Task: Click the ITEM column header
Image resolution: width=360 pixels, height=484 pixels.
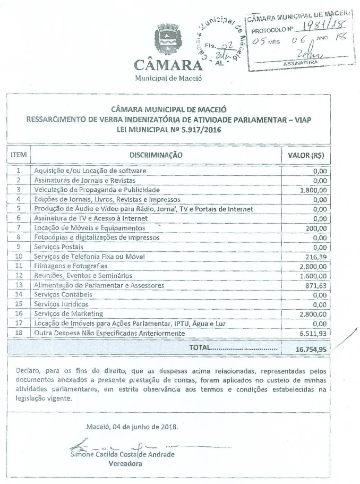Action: pyautogui.click(x=19, y=155)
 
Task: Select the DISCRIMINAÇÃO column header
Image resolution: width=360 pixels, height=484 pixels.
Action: pyautogui.click(x=156, y=155)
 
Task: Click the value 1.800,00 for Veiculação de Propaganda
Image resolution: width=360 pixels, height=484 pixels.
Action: pyautogui.click(x=313, y=190)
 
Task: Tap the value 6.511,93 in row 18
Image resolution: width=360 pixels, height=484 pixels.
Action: pyautogui.click(x=313, y=333)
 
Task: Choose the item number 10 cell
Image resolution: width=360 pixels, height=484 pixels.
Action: pyautogui.click(x=19, y=257)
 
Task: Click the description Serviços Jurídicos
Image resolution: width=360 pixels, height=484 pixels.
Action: pyautogui.click(x=61, y=304)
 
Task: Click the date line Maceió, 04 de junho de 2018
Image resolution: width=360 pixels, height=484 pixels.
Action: pyautogui.click(x=132, y=427)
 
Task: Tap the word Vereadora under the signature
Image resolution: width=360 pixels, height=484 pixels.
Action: pyautogui.click(x=126, y=463)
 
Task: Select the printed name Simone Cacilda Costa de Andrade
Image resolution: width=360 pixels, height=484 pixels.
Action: pyautogui.click(x=122, y=455)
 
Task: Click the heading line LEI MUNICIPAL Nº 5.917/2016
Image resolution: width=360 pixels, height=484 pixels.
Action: pyautogui.click(x=168, y=130)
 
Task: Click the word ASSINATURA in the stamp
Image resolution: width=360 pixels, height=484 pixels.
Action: pyautogui.click(x=301, y=63)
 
